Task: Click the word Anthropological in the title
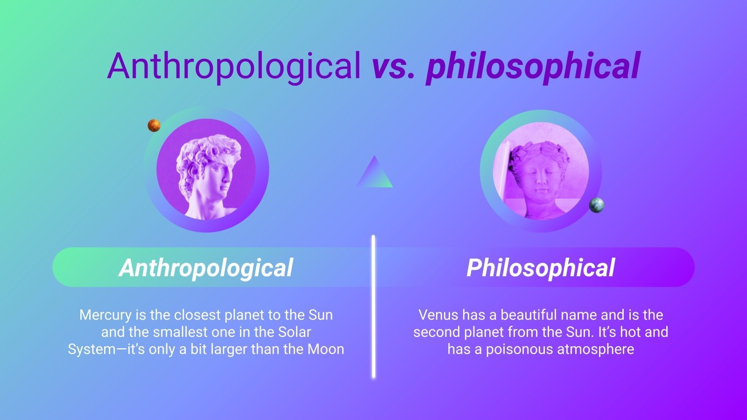point(234,66)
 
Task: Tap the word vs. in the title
point(393,66)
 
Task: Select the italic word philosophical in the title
point(533,66)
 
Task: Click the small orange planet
point(154,125)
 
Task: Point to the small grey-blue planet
point(596,205)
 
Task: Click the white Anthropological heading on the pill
point(206,268)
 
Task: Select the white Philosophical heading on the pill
point(541,268)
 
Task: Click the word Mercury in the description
point(106,315)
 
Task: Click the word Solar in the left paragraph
point(294,332)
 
